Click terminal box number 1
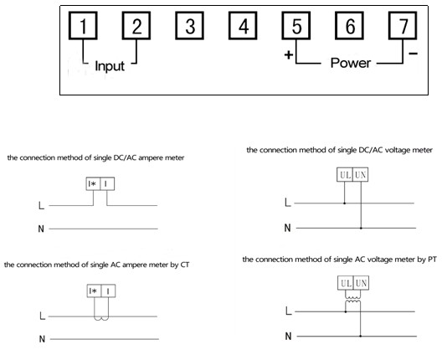[83, 26]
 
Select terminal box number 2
[136, 26]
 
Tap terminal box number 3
[189, 26]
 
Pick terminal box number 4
[243, 26]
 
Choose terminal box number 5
[296, 26]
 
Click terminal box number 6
[350, 26]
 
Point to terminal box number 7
[403, 26]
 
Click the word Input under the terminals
[110, 66]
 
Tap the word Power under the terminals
[351, 63]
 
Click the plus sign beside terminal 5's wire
[289, 54]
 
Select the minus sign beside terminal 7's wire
[413, 54]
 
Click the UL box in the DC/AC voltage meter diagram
[345, 174]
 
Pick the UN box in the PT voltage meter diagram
[361, 283]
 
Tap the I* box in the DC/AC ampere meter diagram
[93, 184]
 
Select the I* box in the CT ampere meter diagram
[94, 291]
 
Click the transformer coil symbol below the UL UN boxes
[353, 298]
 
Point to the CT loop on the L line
[101, 318]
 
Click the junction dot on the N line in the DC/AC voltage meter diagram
[361, 228]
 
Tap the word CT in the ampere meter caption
[185, 265]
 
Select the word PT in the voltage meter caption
[432, 260]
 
